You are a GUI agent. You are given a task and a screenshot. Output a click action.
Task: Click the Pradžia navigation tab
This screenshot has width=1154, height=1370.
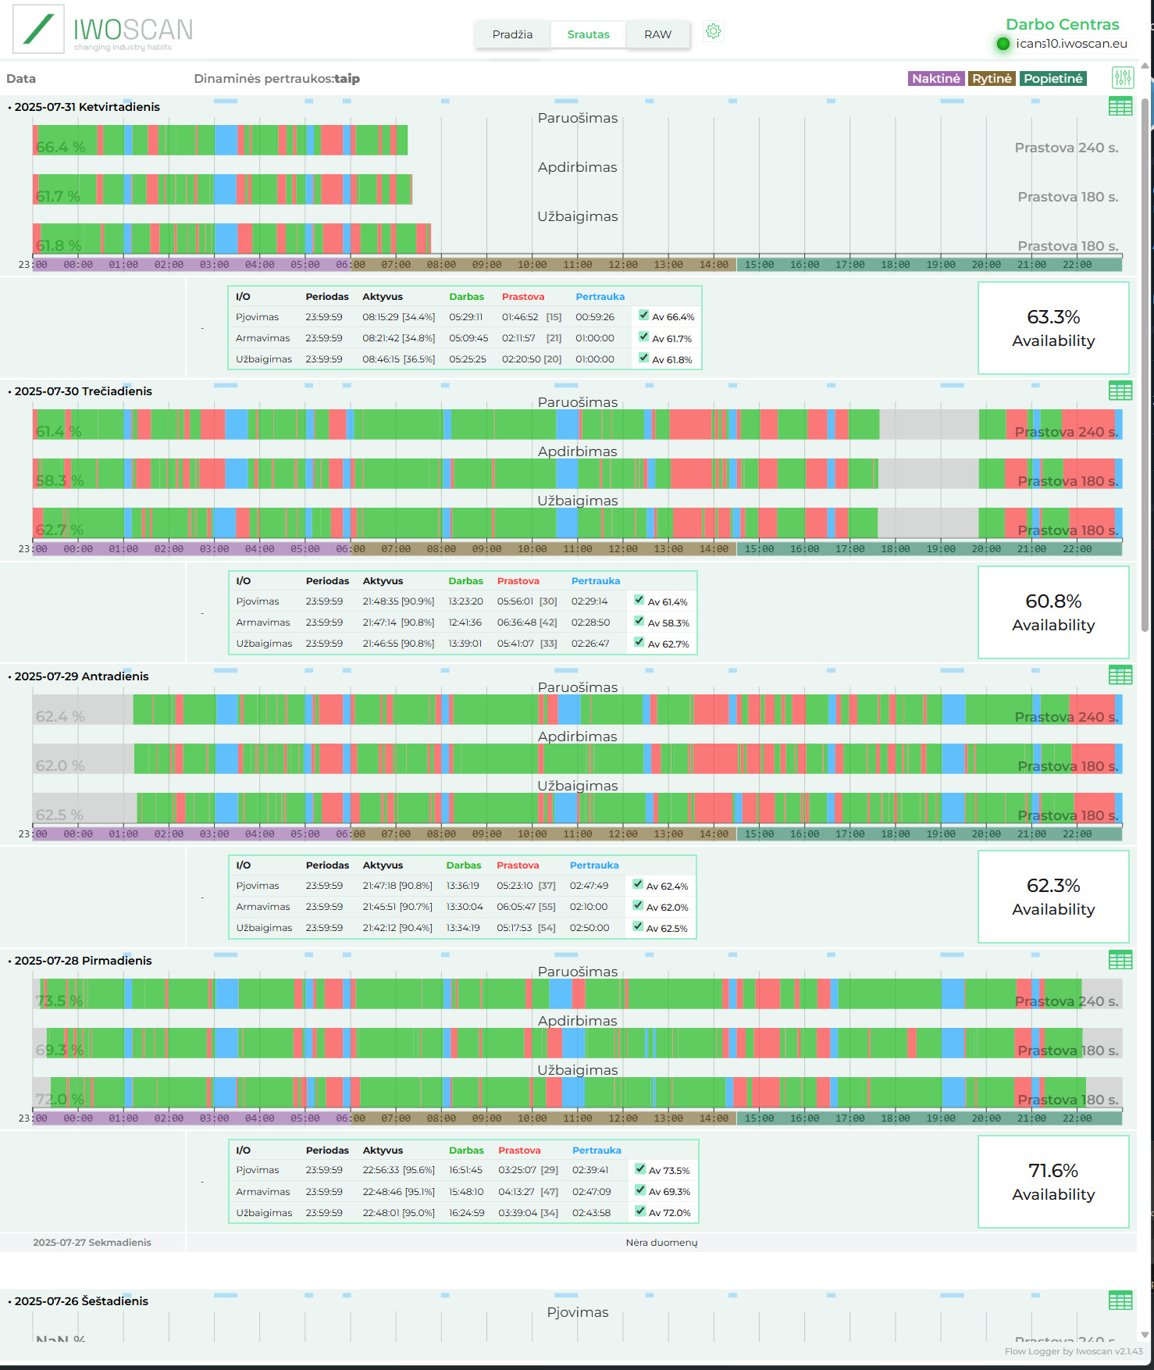[x=512, y=34]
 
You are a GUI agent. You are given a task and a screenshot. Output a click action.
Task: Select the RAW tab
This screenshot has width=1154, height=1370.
[x=657, y=34]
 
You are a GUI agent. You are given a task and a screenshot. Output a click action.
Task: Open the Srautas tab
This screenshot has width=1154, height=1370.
[x=588, y=34]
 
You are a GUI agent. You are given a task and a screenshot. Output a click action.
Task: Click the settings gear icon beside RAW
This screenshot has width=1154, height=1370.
[x=713, y=31]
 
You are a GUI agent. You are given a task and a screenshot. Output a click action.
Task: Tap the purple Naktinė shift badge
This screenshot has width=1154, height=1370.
[x=935, y=78]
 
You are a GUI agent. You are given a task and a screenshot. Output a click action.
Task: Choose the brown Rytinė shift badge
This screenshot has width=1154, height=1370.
[x=992, y=78]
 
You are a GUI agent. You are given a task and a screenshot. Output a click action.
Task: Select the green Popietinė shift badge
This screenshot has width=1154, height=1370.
[x=1052, y=78]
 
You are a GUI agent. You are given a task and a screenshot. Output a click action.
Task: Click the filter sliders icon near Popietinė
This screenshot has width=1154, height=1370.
[x=1122, y=77]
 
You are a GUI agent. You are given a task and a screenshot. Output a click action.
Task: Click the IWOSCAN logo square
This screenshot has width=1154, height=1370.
[x=38, y=30]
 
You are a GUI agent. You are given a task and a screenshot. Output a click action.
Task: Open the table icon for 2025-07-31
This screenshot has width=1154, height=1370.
[x=1120, y=106]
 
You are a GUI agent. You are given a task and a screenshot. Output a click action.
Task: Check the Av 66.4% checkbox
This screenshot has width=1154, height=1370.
[x=643, y=316]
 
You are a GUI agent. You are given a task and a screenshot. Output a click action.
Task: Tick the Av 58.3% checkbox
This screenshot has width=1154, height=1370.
[x=639, y=622]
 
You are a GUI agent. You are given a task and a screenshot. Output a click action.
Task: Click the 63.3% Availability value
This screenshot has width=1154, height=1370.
[x=1053, y=317]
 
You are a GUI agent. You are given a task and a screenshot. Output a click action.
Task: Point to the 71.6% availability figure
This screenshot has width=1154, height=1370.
[x=1053, y=1171]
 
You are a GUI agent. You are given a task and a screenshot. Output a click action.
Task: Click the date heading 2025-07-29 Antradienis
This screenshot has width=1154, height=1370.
[x=81, y=676]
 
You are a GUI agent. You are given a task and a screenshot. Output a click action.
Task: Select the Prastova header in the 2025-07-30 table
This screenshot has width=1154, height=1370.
[x=518, y=581]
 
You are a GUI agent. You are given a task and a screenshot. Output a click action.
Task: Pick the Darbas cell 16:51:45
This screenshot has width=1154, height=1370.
[x=465, y=1170]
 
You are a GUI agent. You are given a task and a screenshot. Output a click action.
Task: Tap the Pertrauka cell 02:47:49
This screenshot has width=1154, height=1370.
[x=589, y=886]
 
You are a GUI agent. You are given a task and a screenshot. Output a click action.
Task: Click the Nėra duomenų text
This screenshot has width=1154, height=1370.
[x=661, y=1243]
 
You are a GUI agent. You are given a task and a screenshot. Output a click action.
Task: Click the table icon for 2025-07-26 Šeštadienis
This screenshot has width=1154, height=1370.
[x=1120, y=1300]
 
